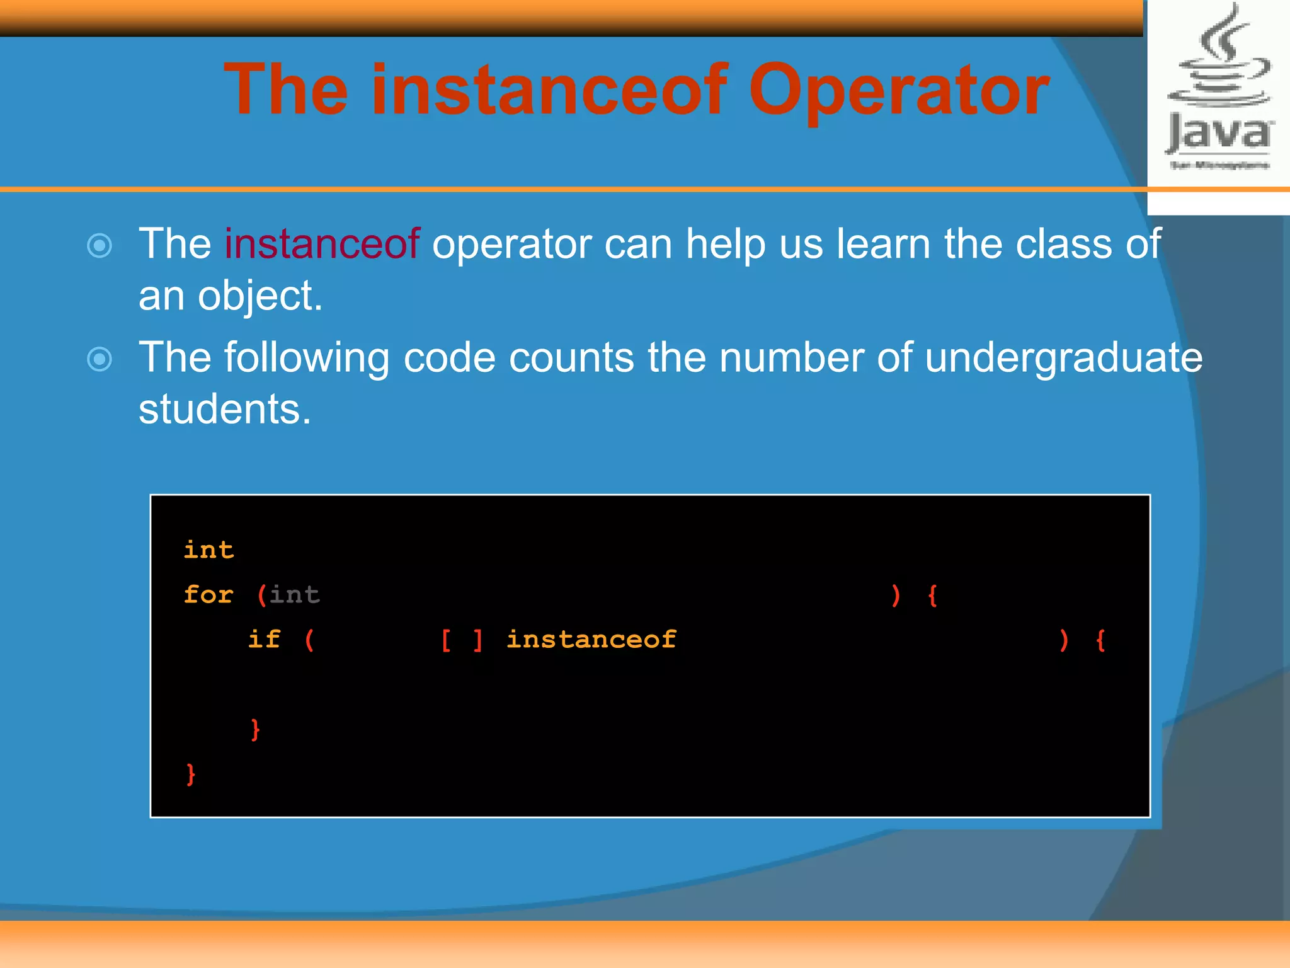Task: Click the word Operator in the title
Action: click(x=898, y=91)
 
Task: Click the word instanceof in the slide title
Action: click(x=549, y=91)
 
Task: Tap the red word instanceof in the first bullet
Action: click(x=322, y=244)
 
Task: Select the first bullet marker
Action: click(x=100, y=246)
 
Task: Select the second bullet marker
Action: click(x=100, y=360)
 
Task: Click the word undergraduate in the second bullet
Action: click(x=1063, y=358)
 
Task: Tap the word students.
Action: click(x=225, y=410)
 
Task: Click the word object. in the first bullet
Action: click(x=260, y=296)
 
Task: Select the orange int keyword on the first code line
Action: click(x=208, y=550)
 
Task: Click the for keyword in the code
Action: click(x=208, y=595)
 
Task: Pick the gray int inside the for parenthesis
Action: click(x=295, y=595)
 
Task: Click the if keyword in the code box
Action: click(x=264, y=640)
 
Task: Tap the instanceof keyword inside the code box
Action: click(x=591, y=640)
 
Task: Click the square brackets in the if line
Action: click(x=462, y=640)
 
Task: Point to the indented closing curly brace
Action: click(x=255, y=730)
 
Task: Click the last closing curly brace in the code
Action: click(x=191, y=775)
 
